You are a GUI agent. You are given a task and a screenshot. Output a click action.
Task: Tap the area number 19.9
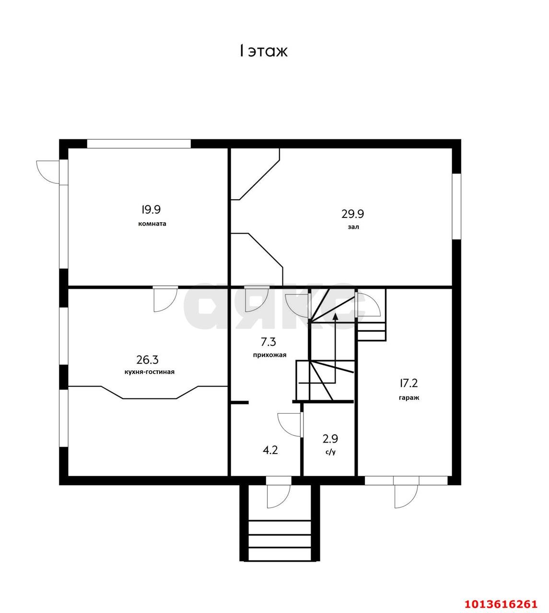151,209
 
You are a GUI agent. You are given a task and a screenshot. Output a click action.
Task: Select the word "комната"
152,224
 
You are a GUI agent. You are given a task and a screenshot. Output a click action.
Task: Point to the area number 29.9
353,214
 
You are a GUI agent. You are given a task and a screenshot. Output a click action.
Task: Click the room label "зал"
353,227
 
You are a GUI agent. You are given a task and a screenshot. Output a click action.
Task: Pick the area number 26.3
148,360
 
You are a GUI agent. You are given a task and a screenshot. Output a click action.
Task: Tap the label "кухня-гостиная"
150,372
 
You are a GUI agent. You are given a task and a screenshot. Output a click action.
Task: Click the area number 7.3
269,342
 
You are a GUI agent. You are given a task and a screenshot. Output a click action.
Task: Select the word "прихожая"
269,355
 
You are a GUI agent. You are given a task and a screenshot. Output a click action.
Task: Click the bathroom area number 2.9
330,438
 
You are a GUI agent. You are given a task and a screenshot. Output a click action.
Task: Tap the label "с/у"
330,452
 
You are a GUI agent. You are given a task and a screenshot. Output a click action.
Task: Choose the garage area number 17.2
409,383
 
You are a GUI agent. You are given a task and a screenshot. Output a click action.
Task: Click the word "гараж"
409,398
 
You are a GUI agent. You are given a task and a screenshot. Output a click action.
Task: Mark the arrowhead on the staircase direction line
336,317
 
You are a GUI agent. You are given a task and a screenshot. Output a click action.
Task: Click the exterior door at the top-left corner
48,172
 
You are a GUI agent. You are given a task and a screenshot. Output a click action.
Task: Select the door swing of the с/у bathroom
290,425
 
